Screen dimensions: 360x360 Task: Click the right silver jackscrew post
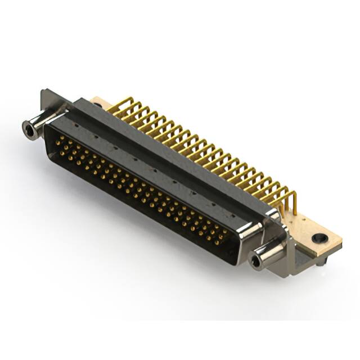(x=267, y=253)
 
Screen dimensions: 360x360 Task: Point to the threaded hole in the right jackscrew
(x=256, y=260)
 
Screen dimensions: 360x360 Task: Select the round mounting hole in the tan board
(x=319, y=238)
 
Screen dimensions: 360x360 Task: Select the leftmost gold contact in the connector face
(x=57, y=142)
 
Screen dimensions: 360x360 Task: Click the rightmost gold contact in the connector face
(x=224, y=236)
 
